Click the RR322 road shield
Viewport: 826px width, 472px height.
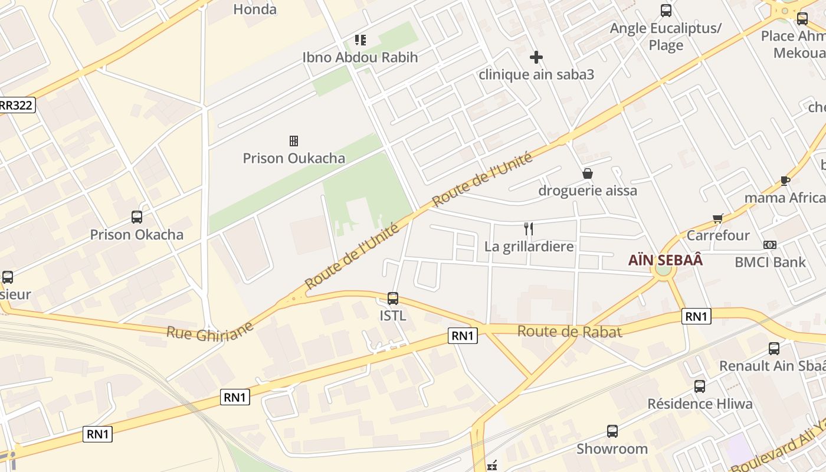pos(17,105)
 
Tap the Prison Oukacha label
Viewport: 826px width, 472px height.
pos(294,158)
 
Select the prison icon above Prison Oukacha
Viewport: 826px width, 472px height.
pos(293,140)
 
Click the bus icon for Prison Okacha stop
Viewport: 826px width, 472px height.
pos(137,217)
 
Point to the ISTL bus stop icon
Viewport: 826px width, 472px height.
pos(393,299)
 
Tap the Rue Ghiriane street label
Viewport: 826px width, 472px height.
pos(209,330)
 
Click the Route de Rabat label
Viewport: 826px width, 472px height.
pos(569,332)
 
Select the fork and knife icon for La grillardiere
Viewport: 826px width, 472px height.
pos(529,229)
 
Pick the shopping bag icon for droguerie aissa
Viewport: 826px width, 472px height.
pos(588,173)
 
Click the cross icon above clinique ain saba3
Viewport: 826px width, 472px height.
pos(536,57)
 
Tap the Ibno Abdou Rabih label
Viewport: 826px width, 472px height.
pos(360,57)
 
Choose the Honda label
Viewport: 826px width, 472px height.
pos(255,9)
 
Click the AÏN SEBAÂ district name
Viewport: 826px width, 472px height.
pos(666,260)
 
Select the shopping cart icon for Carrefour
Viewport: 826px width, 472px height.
pos(718,219)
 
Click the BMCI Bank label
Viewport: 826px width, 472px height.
pos(770,262)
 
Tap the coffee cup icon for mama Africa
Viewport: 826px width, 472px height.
pos(785,181)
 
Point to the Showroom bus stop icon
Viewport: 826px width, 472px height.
pos(612,431)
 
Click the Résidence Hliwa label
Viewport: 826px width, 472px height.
pos(700,404)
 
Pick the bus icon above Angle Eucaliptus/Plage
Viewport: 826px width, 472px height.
pos(666,11)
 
